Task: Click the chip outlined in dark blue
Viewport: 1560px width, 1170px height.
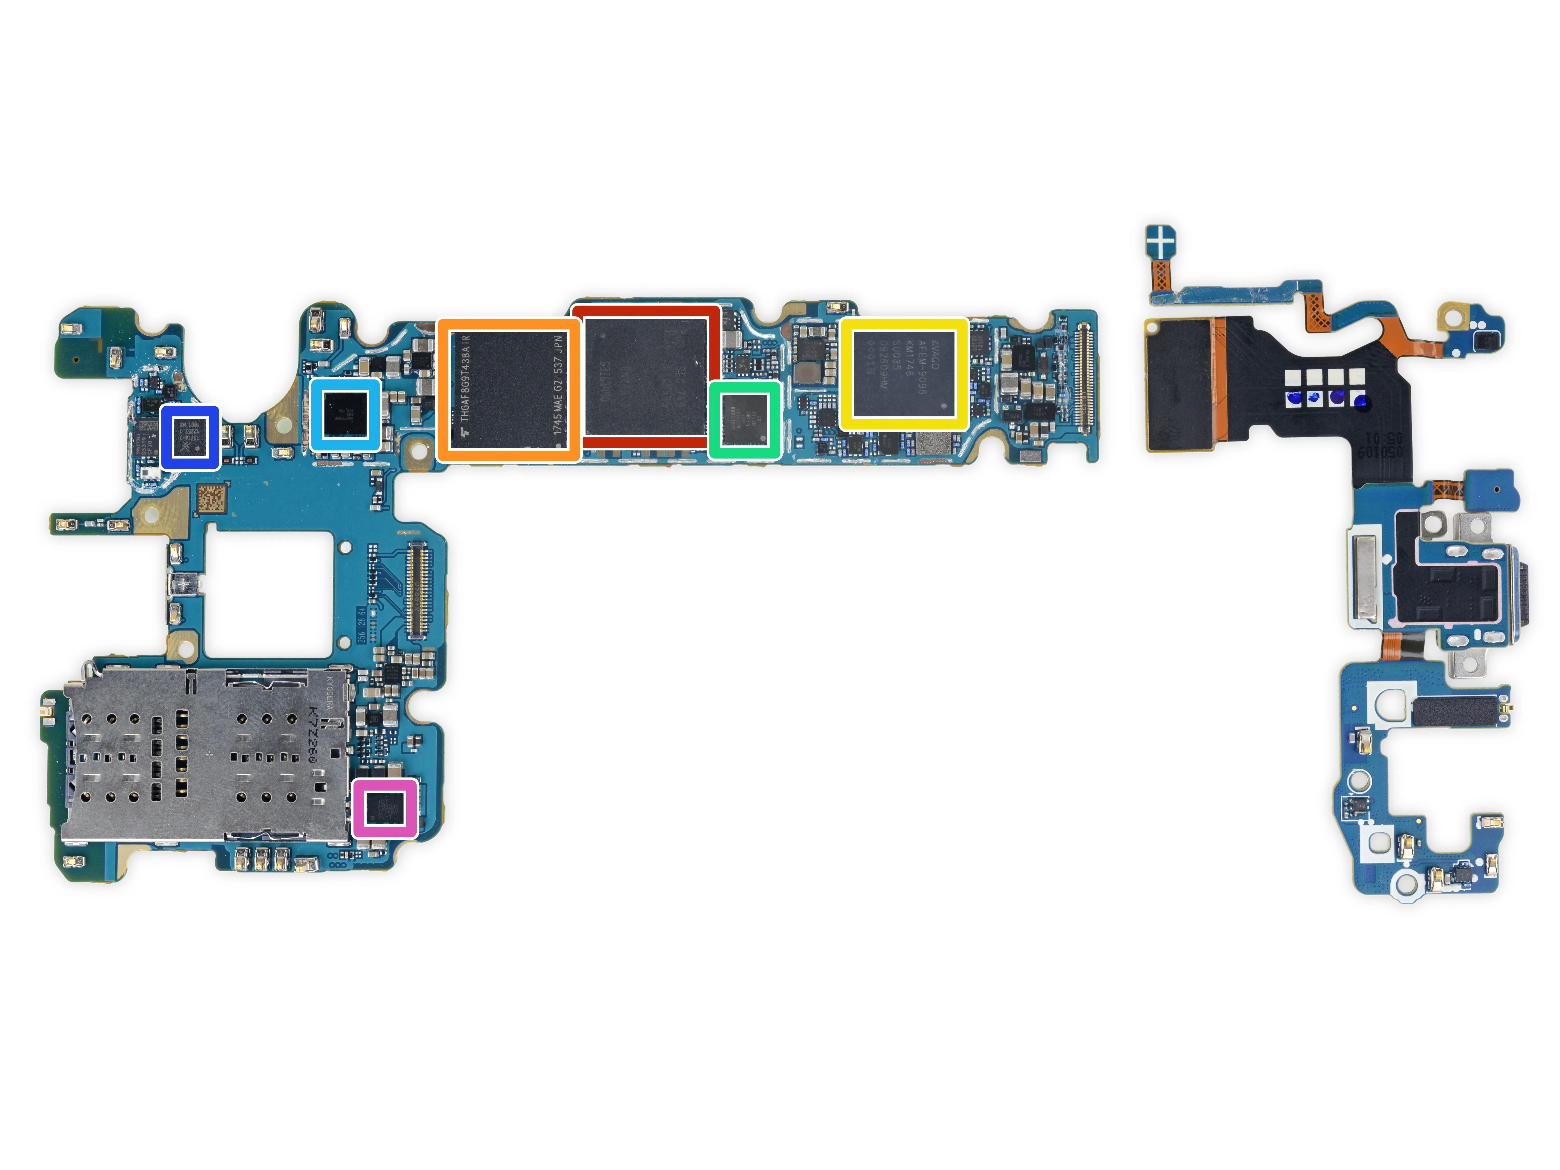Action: (x=190, y=437)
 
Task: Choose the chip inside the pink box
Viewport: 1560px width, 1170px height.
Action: (x=385, y=807)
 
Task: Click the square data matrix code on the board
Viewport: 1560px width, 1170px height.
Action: (x=212, y=499)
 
